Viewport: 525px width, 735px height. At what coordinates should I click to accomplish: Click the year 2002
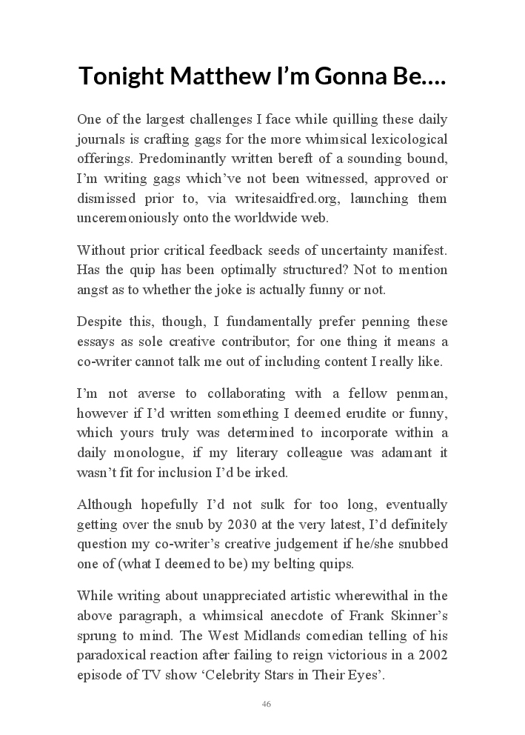[x=431, y=656]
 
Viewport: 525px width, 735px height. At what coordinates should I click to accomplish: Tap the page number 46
[x=266, y=704]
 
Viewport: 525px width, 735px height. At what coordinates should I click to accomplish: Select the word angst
[x=93, y=290]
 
